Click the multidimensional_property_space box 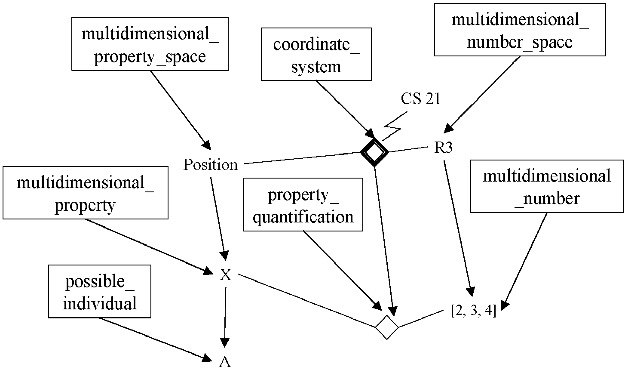[x=150, y=44]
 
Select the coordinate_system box [x=316, y=54]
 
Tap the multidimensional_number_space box [x=520, y=30]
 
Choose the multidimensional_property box [x=86, y=193]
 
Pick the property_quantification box [x=303, y=204]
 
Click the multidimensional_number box [x=547, y=186]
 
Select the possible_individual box [x=100, y=291]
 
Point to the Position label [x=211, y=165]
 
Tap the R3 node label [x=443, y=147]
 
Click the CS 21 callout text [x=420, y=99]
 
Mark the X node [x=225, y=274]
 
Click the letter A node [x=225, y=362]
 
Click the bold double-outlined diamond [x=374, y=152]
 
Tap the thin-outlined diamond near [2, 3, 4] [x=387, y=327]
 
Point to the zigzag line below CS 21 [x=394, y=126]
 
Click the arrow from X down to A [x=225, y=318]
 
